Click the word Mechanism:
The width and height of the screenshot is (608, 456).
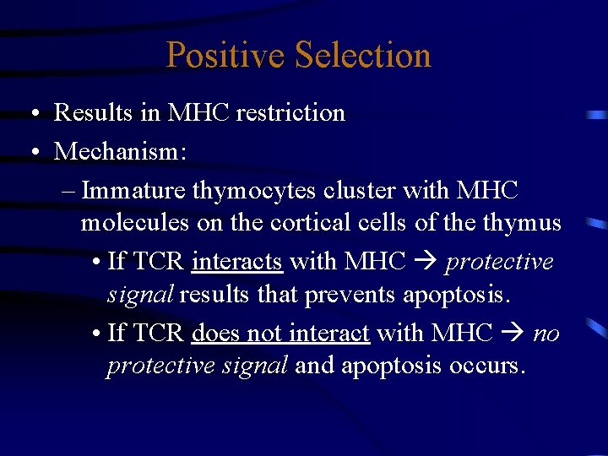[x=121, y=152]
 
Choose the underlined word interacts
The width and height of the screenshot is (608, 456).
[x=236, y=262]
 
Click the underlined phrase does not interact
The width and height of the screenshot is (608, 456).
[x=280, y=334]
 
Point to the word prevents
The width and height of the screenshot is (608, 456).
[x=356, y=295]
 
